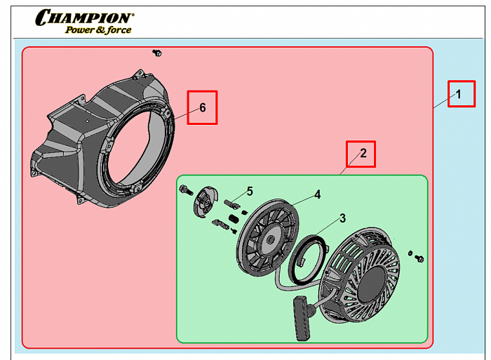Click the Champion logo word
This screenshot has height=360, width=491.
[x=85, y=17]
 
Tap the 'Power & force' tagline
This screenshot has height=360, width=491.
[x=98, y=30]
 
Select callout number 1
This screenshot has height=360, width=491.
[x=459, y=94]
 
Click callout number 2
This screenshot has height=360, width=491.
[x=363, y=153]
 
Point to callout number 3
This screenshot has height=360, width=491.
[x=343, y=218]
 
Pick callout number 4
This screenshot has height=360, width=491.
[x=318, y=194]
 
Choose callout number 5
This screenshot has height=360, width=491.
[x=250, y=191]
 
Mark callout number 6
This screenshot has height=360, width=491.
[x=203, y=108]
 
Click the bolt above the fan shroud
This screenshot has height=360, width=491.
[x=157, y=53]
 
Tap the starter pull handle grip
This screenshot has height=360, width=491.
[x=302, y=318]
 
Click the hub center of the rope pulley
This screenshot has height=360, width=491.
[x=270, y=240]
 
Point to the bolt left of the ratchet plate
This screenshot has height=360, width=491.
[x=186, y=190]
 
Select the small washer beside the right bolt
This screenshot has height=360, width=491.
[x=410, y=253]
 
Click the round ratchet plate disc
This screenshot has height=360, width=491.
[x=205, y=201]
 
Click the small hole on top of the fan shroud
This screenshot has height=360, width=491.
[x=88, y=121]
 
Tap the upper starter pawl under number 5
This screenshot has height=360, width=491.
[x=232, y=204]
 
